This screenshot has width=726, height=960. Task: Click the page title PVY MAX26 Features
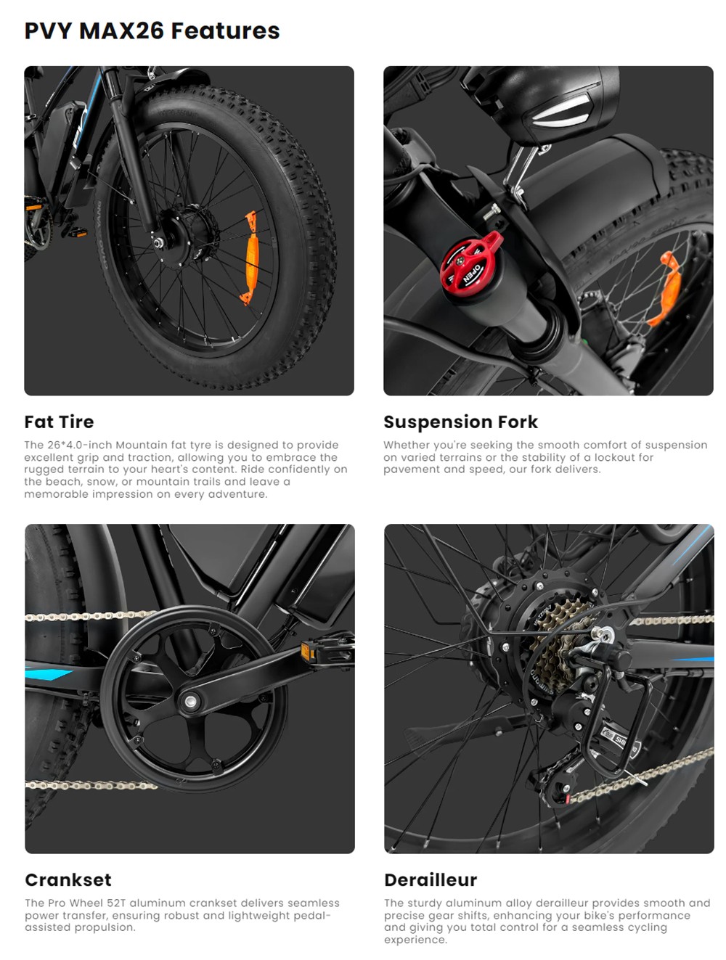tap(152, 30)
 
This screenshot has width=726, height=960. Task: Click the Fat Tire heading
tap(59, 422)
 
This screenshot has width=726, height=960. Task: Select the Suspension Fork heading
tap(460, 422)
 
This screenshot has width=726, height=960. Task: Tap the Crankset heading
tap(68, 879)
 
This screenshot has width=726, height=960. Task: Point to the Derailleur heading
tap(431, 879)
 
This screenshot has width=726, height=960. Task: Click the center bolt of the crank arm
tap(190, 702)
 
